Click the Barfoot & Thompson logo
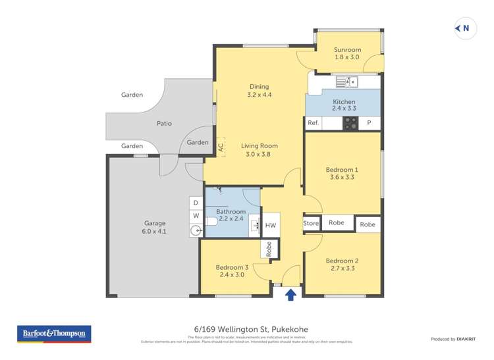pos(54,334)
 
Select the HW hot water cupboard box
pos(271,225)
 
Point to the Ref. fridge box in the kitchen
pos(314,123)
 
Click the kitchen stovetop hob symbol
pos(350,123)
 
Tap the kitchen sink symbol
pos(346,82)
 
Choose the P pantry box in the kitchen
pos(369,123)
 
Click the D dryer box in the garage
pos(196,203)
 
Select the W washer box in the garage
pos(196,215)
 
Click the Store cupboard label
pos(311,224)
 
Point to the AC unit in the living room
pos(221,146)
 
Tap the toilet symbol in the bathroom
pos(211,222)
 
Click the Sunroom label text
pos(347,49)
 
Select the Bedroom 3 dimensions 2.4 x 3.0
pos(233,275)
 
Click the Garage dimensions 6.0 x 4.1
pos(155,231)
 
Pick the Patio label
pos(164,123)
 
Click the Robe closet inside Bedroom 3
pos(269,248)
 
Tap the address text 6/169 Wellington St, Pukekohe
pos(246,329)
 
